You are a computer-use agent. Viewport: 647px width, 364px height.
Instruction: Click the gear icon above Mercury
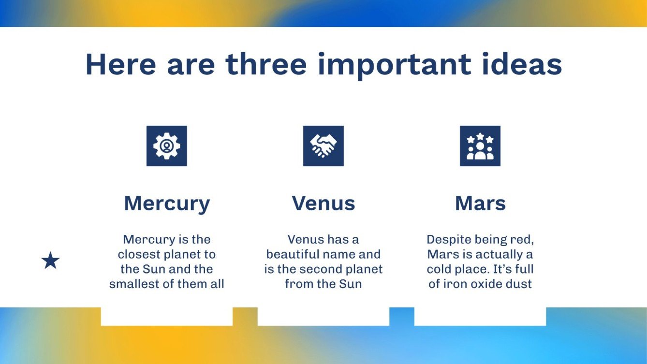(166, 146)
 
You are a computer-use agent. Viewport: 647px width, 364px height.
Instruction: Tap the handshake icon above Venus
(323, 146)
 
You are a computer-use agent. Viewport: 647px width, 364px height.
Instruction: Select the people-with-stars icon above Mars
(480, 146)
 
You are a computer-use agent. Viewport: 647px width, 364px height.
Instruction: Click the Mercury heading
(167, 204)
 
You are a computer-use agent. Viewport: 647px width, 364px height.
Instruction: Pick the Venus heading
(323, 204)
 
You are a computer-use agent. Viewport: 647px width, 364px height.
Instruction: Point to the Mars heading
(480, 204)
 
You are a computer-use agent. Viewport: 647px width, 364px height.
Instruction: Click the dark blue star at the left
(50, 261)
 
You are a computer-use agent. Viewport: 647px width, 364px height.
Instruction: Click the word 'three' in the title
(266, 64)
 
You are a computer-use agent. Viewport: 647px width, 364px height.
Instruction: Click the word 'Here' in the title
(121, 64)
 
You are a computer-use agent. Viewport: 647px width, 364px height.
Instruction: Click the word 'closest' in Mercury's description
(139, 254)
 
